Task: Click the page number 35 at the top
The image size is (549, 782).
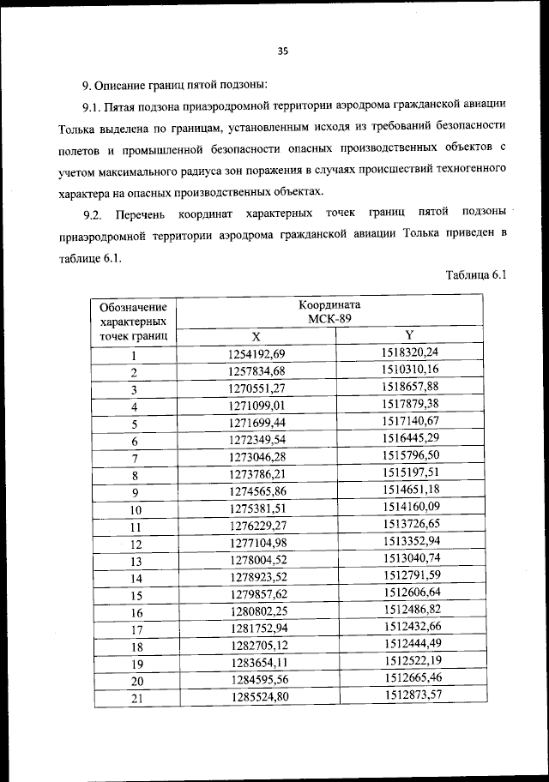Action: click(x=282, y=51)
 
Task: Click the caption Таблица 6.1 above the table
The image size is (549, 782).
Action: click(x=478, y=274)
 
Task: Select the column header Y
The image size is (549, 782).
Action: click(x=409, y=335)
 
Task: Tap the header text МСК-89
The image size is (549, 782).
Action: click(x=330, y=320)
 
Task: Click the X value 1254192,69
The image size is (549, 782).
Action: click(x=256, y=354)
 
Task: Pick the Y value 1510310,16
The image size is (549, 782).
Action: click(x=410, y=370)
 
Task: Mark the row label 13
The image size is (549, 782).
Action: click(x=135, y=561)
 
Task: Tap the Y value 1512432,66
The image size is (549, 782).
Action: click(x=410, y=627)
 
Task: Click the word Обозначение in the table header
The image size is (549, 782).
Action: click(x=134, y=306)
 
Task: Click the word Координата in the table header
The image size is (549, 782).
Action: click(x=330, y=305)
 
